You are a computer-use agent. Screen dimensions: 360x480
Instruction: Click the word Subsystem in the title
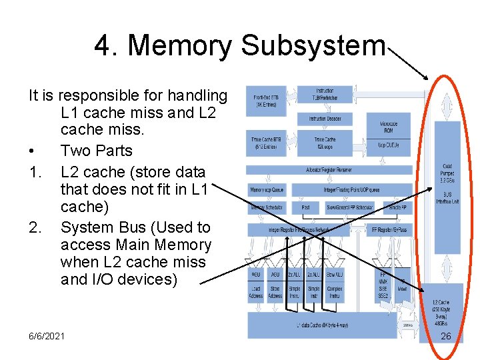[x=313, y=46]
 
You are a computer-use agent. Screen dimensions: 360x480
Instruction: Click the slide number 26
[x=445, y=336]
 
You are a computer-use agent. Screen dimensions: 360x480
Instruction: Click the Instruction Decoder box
[x=325, y=119]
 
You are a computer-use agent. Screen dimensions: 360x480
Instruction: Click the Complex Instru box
[x=335, y=292]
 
